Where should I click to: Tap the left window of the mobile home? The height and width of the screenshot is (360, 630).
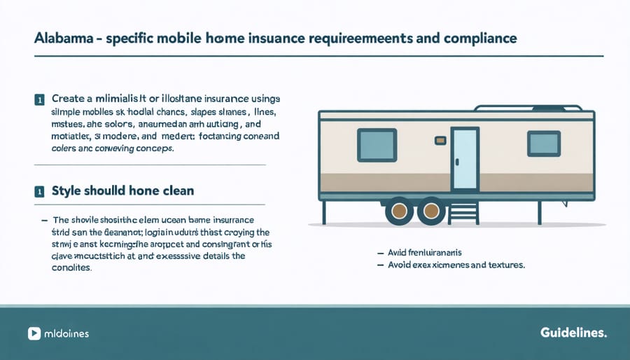click(377, 145)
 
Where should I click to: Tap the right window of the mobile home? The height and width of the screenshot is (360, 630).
click(543, 144)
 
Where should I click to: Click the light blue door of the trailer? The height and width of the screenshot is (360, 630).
click(463, 158)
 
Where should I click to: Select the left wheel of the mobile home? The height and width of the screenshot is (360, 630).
click(400, 209)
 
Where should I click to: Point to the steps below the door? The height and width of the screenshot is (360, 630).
click(463, 210)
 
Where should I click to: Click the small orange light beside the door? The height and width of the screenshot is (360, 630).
click(440, 141)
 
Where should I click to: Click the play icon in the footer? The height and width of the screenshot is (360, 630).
click(33, 333)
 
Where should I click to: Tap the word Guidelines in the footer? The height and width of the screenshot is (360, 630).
click(573, 333)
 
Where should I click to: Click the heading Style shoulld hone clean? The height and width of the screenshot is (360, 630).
click(122, 191)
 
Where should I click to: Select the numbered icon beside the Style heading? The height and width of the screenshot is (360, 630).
click(37, 191)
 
